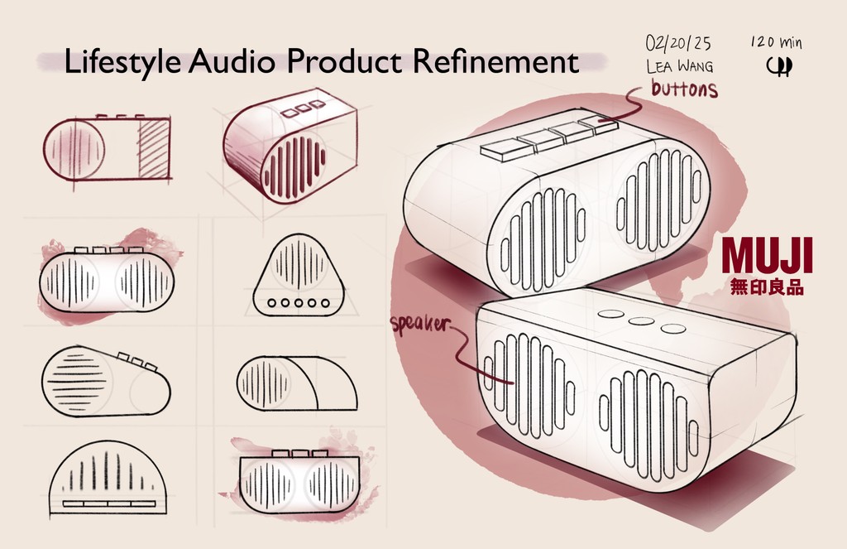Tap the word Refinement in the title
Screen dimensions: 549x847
point(495,61)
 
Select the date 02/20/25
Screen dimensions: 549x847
point(678,42)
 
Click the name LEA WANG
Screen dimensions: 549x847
point(679,66)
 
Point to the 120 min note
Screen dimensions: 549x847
point(776,42)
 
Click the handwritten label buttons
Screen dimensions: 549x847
point(684,89)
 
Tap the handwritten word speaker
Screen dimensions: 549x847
point(419,325)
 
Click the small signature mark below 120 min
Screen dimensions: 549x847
point(778,65)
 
